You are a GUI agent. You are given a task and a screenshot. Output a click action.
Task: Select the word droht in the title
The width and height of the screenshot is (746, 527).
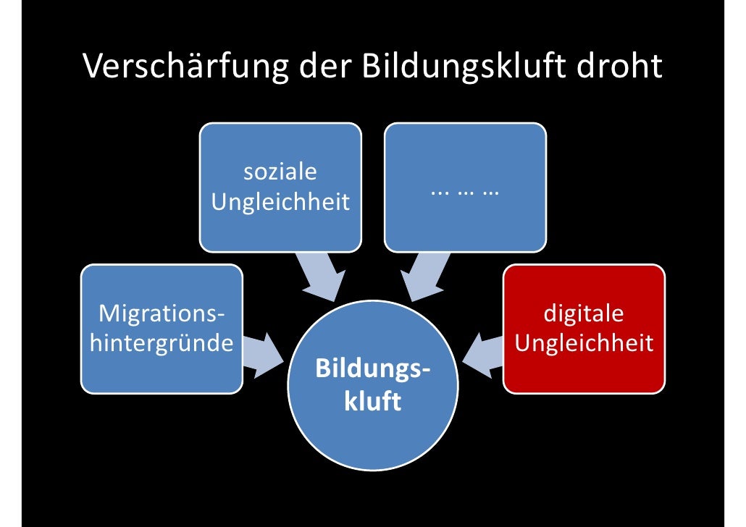(619, 67)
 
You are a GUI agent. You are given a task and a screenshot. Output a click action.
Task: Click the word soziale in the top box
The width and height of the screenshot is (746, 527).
(280, 173)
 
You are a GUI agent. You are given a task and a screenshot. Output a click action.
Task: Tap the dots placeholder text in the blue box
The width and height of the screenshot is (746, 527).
(465, 192)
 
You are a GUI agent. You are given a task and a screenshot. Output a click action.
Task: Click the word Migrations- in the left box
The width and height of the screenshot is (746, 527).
(161, 315)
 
